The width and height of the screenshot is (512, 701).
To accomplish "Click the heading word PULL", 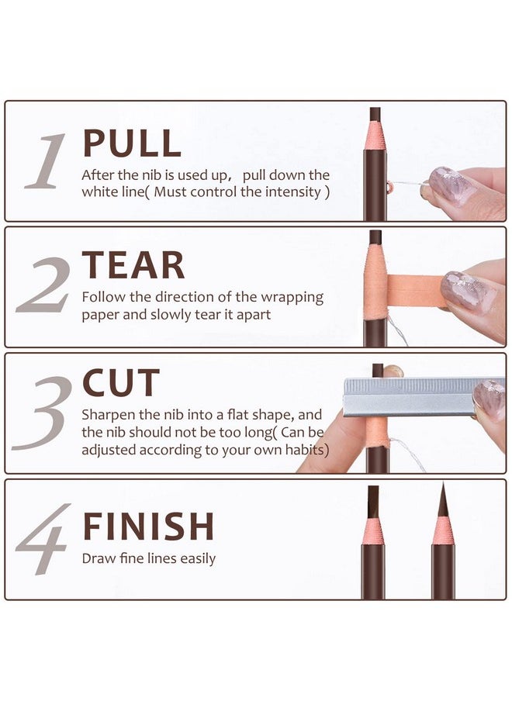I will (132, 143).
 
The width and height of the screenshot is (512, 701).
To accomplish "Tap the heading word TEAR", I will (133, 265).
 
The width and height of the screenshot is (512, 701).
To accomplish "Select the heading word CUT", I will (121, 384).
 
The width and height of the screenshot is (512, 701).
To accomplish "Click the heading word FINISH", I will (148, 527).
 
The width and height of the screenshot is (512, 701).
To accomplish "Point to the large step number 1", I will (46, 161).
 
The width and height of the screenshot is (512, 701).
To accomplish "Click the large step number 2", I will (45, 285).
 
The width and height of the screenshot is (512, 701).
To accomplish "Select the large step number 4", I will (43, 540).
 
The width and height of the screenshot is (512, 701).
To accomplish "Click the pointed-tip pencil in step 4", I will (443, 543).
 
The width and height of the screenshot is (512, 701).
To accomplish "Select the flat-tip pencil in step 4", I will (373, 543).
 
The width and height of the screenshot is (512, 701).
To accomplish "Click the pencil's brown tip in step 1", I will (375, 115).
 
